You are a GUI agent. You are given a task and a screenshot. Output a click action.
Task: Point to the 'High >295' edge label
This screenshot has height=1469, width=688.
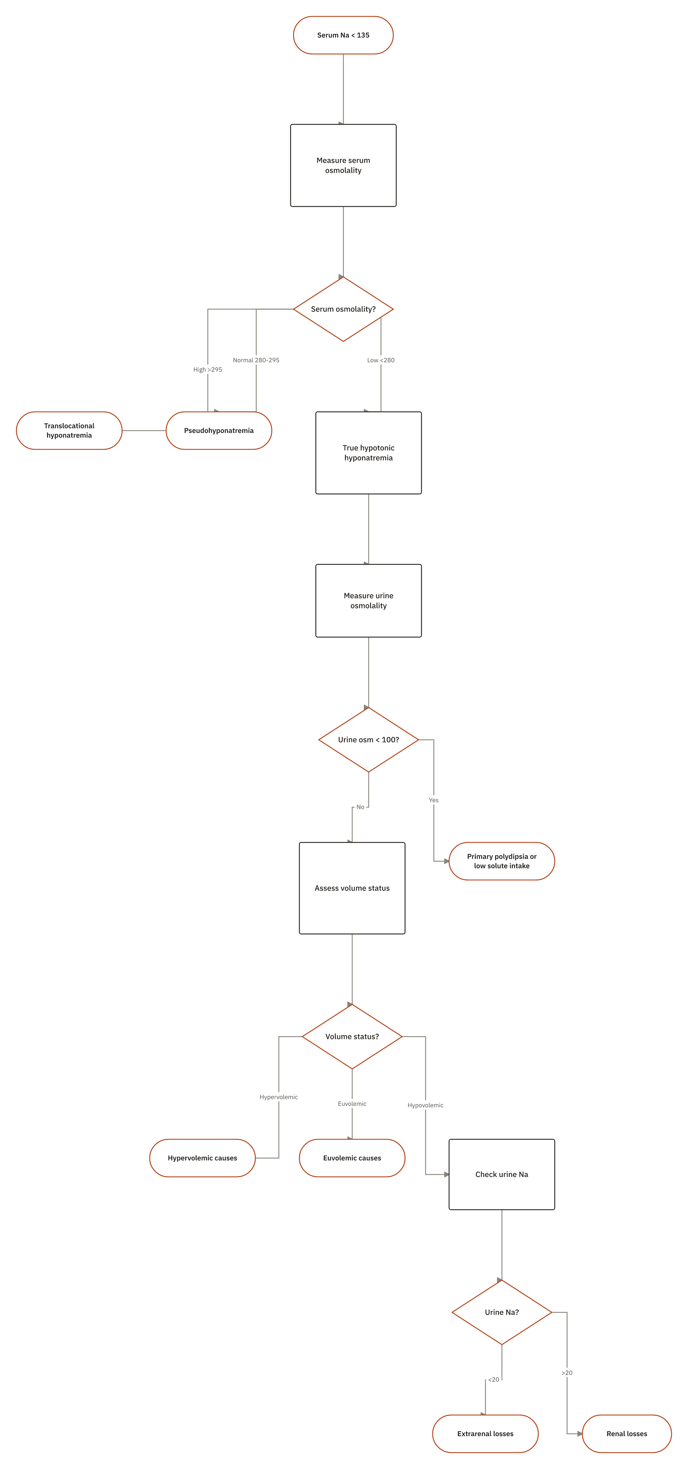[208, 370]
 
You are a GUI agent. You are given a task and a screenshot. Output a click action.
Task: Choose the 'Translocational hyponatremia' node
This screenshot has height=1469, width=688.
[69, 431]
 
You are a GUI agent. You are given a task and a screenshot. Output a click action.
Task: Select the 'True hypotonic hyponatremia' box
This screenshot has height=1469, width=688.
[369, 453]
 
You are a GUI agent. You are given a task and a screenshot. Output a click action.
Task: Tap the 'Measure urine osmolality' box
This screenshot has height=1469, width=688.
[369, 600]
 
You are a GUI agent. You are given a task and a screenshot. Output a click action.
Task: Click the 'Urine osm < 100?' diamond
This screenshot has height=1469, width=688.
[369, 739]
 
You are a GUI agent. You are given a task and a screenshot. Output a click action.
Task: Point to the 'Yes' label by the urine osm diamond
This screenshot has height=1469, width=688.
[434, 800]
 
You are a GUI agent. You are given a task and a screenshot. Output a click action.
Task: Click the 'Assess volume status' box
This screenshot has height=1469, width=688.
[352, 888]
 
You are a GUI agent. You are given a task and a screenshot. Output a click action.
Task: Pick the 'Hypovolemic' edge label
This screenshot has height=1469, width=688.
[426, 1105]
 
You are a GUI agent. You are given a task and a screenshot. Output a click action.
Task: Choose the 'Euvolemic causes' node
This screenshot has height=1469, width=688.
[352, 1158]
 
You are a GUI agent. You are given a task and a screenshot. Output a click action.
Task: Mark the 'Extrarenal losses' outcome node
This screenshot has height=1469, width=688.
[485, 1434]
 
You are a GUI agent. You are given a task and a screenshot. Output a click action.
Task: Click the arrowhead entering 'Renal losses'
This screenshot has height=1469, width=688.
[580, 1434]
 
